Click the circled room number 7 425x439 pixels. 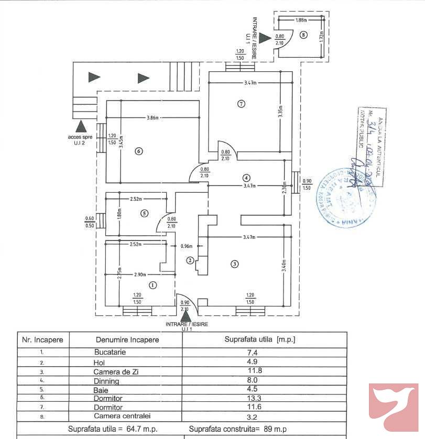(x=241, y=104)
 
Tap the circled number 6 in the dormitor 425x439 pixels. (x=138, y=151)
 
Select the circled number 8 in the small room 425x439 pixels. (x=303, y=35)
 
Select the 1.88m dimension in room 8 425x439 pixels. (x=300, y=20)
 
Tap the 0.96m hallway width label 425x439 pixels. (x=187, y=246)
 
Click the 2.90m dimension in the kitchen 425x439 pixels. (x=139, y=274)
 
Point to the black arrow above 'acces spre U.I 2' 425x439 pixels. (x=80, y=126)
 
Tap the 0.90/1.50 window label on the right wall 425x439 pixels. (x=307, y=184)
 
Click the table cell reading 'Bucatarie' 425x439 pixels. (x=110, y=353)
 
